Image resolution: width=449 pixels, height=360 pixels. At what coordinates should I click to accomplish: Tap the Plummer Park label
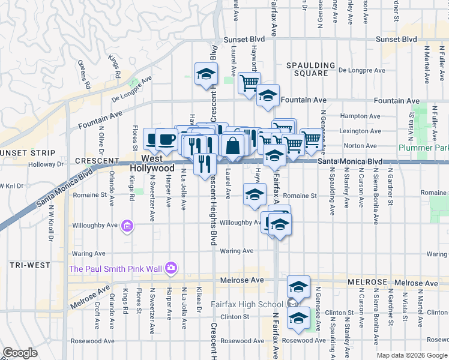424,148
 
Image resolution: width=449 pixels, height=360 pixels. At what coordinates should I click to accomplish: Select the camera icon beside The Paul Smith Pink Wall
171,268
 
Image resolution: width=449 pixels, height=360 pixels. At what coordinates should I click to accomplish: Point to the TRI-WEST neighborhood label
25,265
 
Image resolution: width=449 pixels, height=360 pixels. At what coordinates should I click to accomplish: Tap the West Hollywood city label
153,164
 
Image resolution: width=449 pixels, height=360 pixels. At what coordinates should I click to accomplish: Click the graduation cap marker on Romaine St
255,194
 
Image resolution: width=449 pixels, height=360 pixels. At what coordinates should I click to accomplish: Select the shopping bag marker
232,145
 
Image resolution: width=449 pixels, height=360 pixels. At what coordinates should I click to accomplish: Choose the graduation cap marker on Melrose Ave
298,286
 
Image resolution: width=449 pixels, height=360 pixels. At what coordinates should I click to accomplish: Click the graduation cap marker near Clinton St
298,318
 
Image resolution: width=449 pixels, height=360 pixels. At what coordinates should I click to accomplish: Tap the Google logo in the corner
20,353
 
